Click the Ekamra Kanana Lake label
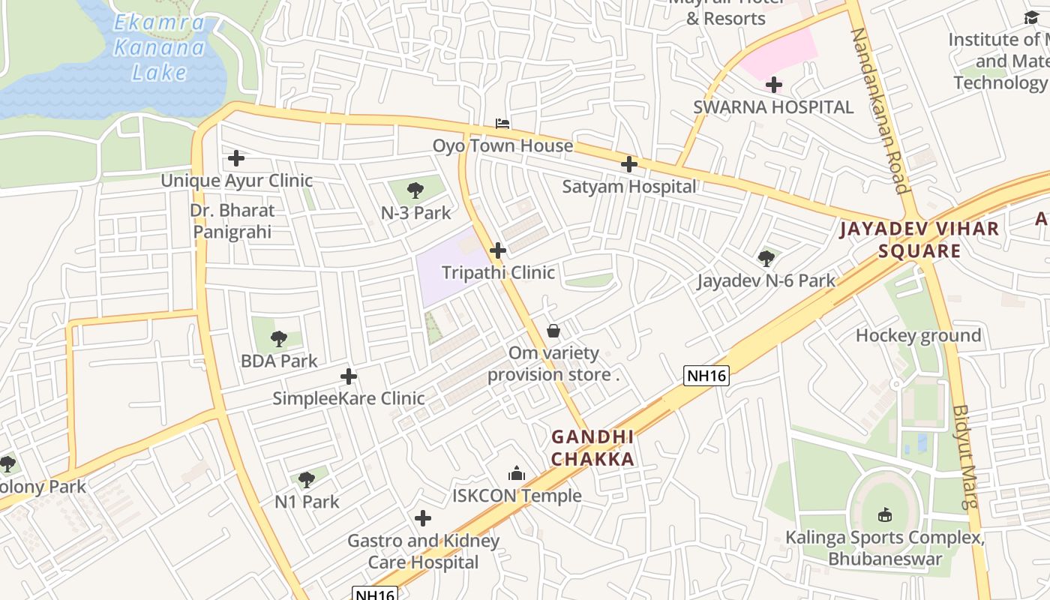pyautogui.click(x=158, y=48)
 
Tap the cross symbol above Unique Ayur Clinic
pyautogui.click(x=236, y=158)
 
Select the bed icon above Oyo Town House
pyautogui.click(x=502, y=123)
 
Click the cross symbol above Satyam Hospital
pyautogui.click(x=629, y=164)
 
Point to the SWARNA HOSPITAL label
pyautogui.click(x=773, y=107)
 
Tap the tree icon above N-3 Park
pyautogui.click(x=415, y=190)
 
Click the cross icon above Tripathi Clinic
pyautogui.click(x=498, y=250)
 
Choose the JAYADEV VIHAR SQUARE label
pyautogui.click(x=919, y=240)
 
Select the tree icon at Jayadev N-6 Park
pyautogui.click(x=766, y=259)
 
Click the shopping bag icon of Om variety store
pyautogui.click(x=553, y=331)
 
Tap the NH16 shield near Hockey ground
pyautogui.click(x=706, y=376)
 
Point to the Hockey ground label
pyautogui.click(x=918, y=336)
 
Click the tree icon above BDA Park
pyautogui.click(x=279, y=339)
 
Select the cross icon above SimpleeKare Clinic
pyautogui.click(x=349, y=376)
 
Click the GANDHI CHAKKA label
pyautogui.click(x=592, y=448)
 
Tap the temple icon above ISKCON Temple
pyautogui.click(x=517, y=473)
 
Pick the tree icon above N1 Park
pyautogui.click(x=306, y=480)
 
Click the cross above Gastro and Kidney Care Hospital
pyautogui.click(x=423, y=518)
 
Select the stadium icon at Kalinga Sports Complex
pyautogui.click(x=885, y=515)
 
